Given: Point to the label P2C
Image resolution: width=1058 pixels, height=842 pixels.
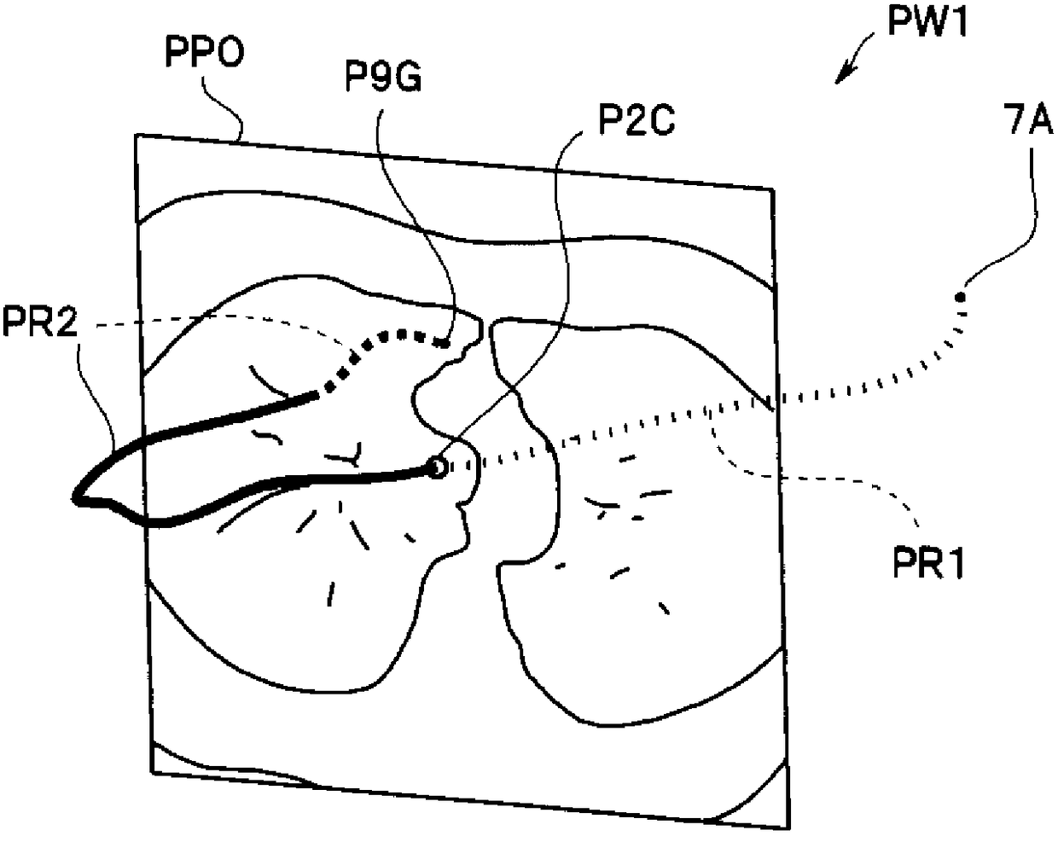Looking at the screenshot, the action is (x=629, y=122).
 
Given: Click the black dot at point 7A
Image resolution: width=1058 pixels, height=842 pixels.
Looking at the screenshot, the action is (x=961, y=298).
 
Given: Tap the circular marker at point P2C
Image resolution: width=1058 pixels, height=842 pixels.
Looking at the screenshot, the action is (x=437, y=467).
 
